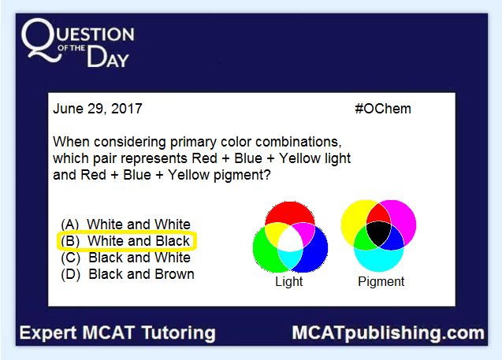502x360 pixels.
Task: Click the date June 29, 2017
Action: [x=98, y=109]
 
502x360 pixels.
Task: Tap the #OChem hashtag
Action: [x=383, y=109]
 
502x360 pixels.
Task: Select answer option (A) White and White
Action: [x=125, y=225]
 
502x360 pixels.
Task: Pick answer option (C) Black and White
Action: [x=125, y=258]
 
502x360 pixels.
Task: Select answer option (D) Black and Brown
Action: [x=128, y=274]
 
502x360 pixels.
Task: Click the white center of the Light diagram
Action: [x=290, y=243]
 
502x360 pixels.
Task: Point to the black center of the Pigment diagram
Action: [x=379, y=233]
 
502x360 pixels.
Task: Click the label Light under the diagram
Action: [x=288, y=281]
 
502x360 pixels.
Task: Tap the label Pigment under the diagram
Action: [x=381, y=281]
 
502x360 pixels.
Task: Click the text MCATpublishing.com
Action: [x=388, y=333]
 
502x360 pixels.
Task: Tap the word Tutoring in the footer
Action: [x=179, y=333]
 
